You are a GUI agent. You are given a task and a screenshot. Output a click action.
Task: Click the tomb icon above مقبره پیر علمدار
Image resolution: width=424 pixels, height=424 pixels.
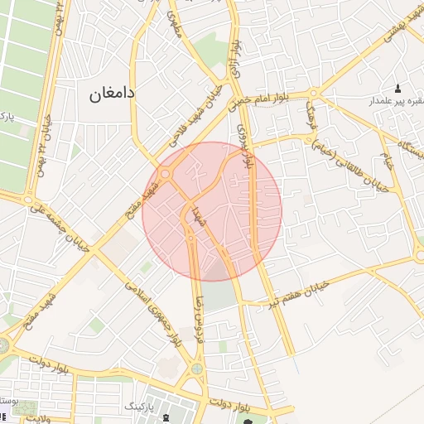(397, 89)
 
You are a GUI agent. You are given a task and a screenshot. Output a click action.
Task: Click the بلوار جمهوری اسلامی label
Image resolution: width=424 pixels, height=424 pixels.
(154, 311)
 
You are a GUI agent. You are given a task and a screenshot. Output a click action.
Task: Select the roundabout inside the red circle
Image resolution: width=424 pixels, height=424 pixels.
(165, 174)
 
